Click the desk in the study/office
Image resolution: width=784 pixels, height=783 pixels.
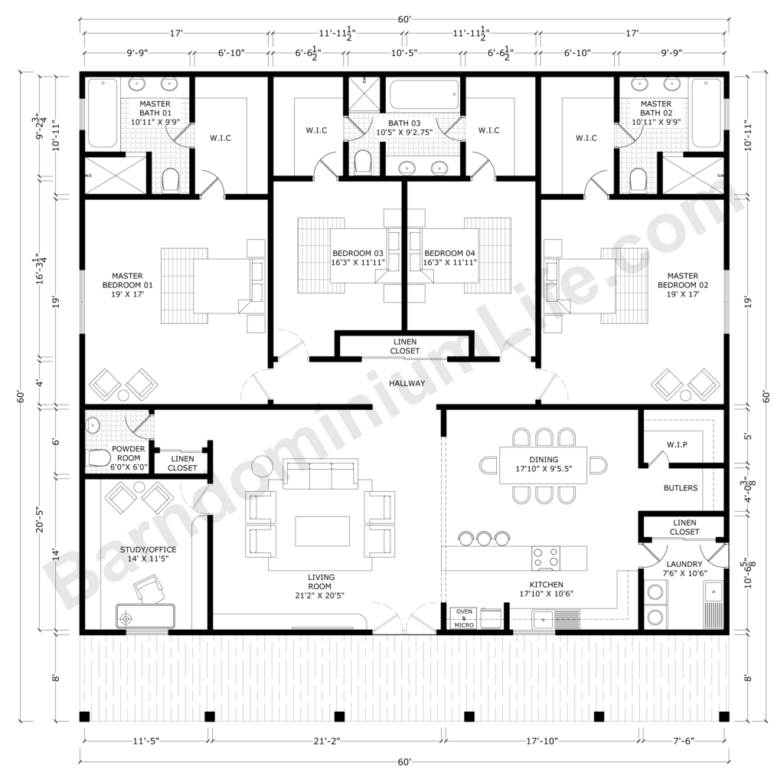(x=145, y=616)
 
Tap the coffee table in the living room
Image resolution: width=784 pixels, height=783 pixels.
(x=322, y=531)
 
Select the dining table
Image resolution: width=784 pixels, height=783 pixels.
(x=544, y=464)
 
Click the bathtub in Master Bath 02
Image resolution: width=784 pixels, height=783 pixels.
(x=705, y=113)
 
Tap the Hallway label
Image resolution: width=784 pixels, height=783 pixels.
(x=405, y=382)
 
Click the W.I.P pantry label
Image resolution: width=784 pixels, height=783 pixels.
(x=676, y=444)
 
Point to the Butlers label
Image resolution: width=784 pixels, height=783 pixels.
(x=681, y=488)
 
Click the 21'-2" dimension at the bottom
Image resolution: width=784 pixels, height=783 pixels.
(x=327, y=741)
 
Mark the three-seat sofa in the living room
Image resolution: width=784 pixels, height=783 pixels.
(x=320, y=476)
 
